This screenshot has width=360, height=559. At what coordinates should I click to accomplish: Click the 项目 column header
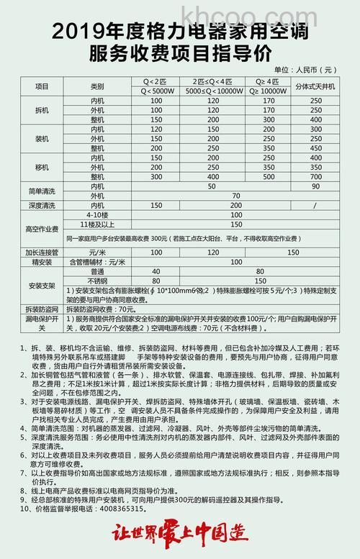pos(42,85)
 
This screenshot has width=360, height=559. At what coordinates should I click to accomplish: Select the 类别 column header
pos(98,85)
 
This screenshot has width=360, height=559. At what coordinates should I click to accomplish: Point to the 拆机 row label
pos(42,110)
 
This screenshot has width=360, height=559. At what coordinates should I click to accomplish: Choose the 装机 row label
pos(42,138)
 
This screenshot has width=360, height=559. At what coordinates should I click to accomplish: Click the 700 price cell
pos(315,176)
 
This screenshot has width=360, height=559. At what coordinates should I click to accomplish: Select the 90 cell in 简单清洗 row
pos(315,186)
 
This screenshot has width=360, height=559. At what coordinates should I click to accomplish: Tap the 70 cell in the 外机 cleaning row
pos(235,195)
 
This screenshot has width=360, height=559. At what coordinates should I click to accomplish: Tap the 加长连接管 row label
pos(42,252)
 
